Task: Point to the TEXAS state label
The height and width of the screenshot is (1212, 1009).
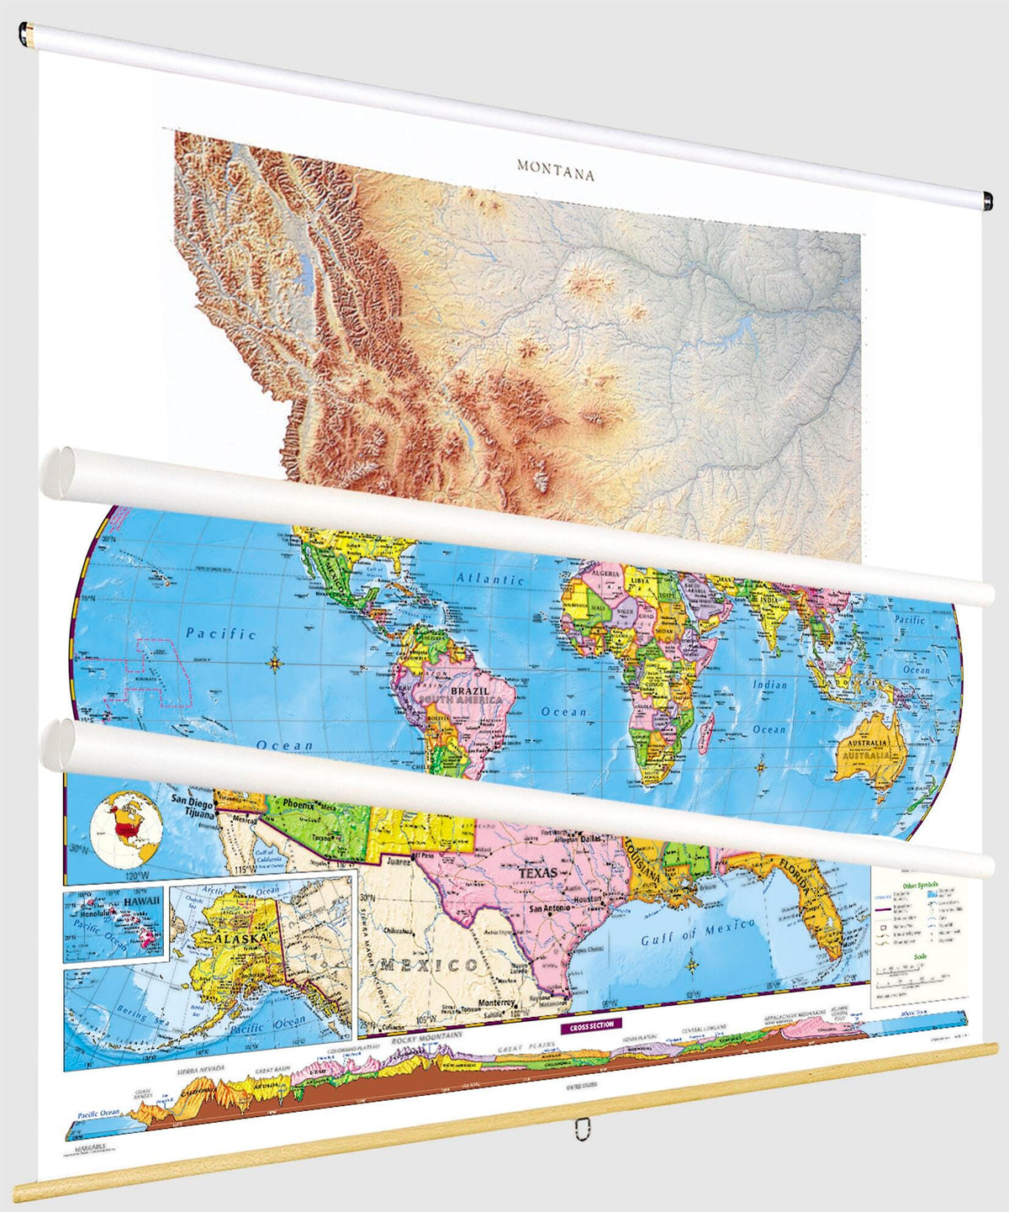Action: [x=537, y=873]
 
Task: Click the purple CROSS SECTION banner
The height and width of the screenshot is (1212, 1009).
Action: [x=592, y=1024]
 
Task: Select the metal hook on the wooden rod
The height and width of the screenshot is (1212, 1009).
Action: [x=581, y=1129]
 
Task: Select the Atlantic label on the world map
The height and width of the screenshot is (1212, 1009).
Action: [x=490, y=580]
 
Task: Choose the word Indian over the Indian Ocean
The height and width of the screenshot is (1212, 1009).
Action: [x=769, y=685]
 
